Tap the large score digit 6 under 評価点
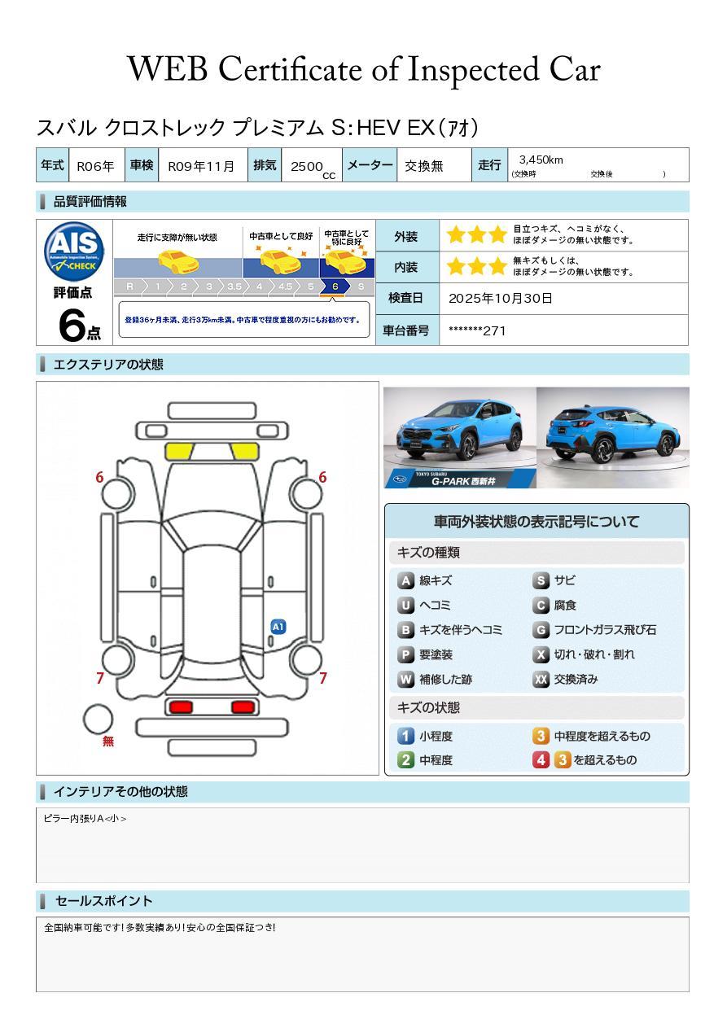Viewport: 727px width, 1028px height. coord(72,326)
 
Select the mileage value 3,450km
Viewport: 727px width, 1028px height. coord(541,160)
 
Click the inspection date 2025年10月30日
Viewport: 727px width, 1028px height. coord(500,299)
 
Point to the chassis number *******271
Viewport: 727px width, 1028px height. coord(477,330)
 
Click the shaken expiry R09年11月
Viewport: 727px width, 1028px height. coord(200,166)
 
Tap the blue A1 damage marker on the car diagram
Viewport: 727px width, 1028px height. coord(278,627)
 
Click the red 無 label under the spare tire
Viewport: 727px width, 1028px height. coord(108,741)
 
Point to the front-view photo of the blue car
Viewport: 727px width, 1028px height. coord(460,437)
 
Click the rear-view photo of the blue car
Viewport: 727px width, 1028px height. coord(612,437)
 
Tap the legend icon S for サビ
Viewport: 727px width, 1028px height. coord(541,581)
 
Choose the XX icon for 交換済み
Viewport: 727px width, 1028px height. coord(541,680)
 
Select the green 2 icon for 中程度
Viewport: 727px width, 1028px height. coord(405,760)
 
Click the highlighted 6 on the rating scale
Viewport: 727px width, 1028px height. coord(335,287)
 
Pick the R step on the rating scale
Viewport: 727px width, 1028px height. coord(129,287)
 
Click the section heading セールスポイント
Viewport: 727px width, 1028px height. coord(103,901)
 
